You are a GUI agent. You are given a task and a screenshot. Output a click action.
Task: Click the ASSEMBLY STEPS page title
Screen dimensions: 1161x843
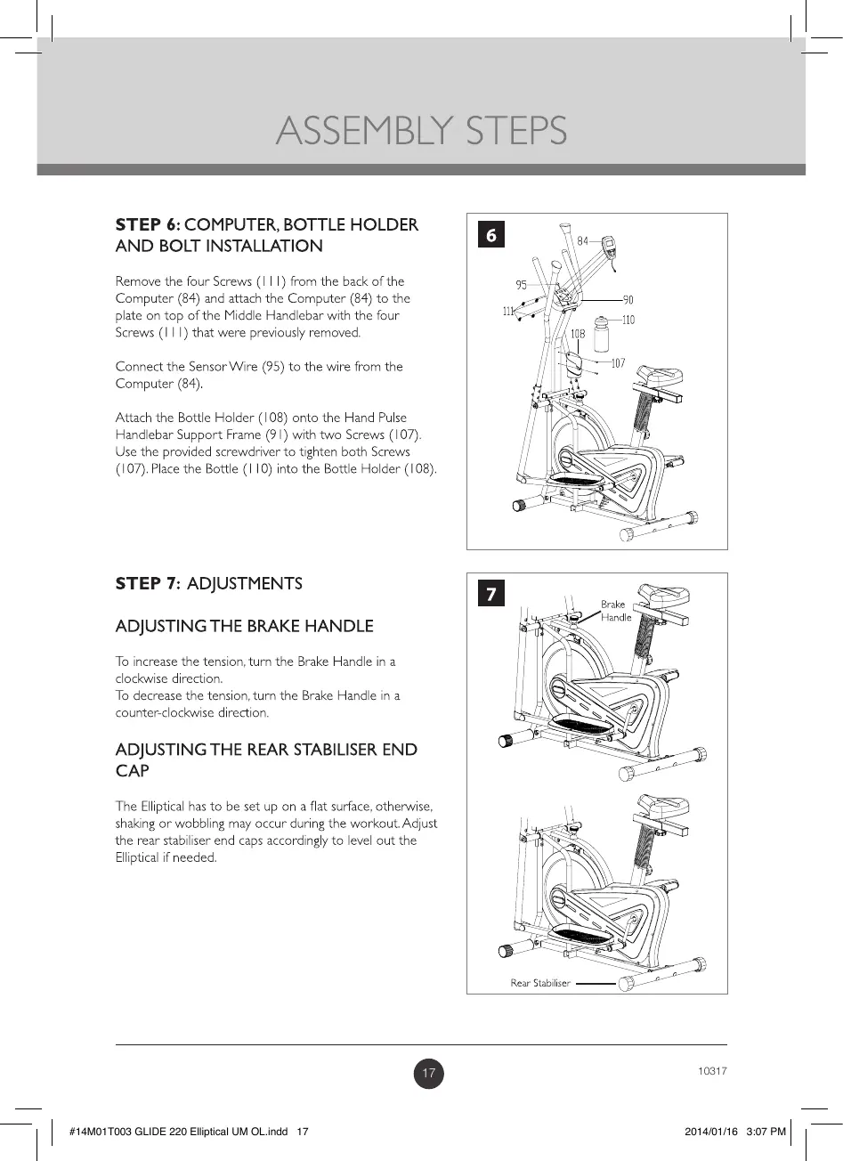[x=421, y=132]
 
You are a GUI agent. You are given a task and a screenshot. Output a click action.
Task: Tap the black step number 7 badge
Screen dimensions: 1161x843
[x=491, y=593]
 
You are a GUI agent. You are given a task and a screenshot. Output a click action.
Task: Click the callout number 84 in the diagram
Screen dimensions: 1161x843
[x=583, y=240]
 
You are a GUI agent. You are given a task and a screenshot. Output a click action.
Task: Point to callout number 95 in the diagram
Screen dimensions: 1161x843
[x=521, y=285]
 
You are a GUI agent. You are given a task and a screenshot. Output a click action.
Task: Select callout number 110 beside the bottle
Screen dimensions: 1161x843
[x=628, y=321]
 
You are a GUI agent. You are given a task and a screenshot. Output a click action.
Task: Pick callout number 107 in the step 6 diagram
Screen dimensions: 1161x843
[x=618, y=362]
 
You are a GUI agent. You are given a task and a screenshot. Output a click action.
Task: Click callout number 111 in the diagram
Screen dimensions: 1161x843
[x=508, y=312]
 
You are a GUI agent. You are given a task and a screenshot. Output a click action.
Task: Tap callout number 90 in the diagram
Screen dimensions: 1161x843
[x=628, y=301]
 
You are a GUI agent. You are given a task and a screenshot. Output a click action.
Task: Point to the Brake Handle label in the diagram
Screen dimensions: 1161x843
[x=615, y=611]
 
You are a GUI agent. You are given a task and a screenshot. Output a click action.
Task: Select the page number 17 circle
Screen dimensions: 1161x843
[x=429, y=1074]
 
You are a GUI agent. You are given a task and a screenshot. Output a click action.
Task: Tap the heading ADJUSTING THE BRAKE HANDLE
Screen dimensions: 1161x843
[x=244, y=627]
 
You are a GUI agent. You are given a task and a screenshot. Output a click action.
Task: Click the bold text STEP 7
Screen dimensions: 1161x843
[x=148, y=584]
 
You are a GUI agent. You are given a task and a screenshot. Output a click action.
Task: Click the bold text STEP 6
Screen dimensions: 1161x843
[x=148, y=224]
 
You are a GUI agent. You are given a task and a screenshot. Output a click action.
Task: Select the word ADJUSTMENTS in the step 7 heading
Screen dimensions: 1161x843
[x=245, y=584]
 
